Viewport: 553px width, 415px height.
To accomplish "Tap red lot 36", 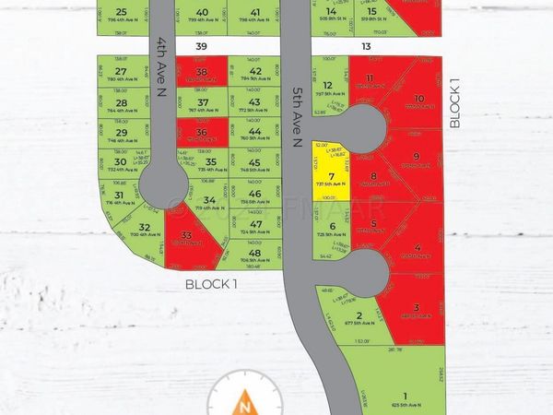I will coord(203,132).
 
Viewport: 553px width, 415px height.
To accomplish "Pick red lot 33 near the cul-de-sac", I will coord(187,236).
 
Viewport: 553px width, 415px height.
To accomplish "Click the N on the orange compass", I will coord(244,403).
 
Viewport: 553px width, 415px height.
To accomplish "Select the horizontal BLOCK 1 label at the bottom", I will coord(210,284).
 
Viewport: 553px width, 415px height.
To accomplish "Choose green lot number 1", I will coord(379,369).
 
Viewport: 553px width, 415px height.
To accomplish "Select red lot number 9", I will coord(416,157).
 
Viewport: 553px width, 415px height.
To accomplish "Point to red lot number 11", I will coord(370,78).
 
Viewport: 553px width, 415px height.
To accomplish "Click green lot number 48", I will coord(255,253).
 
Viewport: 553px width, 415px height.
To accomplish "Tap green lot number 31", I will coord(119,195).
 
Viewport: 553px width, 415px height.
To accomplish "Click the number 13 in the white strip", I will coord(366,45).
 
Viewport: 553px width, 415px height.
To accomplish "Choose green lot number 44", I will coord(255,132).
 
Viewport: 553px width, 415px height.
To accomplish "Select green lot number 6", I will coord(332,226).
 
